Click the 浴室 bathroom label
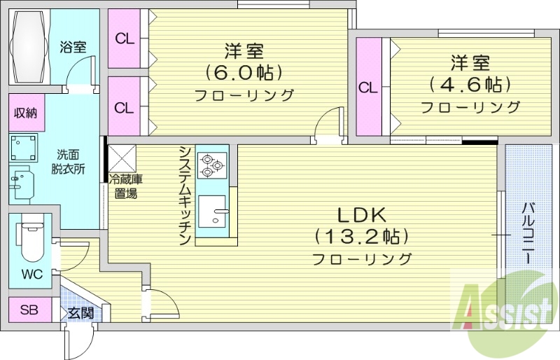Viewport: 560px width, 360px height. [73, 48]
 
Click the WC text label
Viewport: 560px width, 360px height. [31, 274]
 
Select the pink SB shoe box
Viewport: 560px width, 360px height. [29, 310]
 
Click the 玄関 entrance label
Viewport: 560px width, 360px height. [80, 312]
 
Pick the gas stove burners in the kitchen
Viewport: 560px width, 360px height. [211, 165]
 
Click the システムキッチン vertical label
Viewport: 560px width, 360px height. [185, 195]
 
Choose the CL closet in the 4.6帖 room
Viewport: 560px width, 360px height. [368, 88]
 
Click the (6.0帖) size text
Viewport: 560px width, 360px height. [243, 72]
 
